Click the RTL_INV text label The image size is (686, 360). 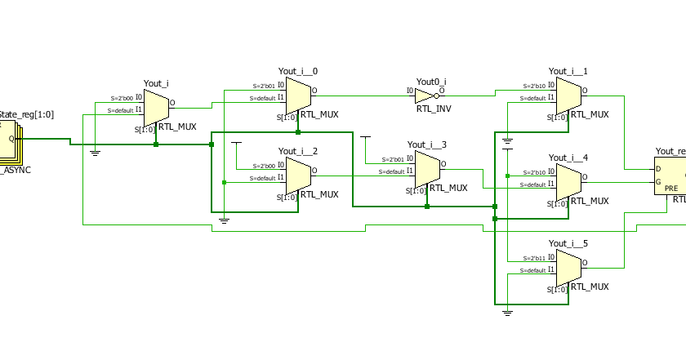tap(433, 109)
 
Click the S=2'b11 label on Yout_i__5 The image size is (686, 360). tap(535, 257)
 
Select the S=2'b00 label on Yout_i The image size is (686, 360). tap(122, 98)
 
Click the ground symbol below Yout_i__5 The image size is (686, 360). tap(507, 311)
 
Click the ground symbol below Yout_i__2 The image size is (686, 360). tap(225, 220)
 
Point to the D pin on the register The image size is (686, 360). tap(659, 170)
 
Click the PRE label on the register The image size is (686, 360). tap(671, 188)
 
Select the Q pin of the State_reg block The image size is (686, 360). tap(11, 139)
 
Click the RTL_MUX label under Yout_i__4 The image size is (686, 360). tap(590, 201)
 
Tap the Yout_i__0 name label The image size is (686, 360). tap(298, 72)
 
